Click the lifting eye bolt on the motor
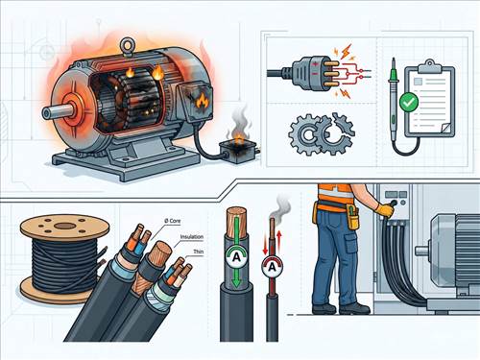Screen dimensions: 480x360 coord(127,45)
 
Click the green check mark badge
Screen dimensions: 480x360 coord(409,102)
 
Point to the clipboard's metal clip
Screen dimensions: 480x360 coord(429,66)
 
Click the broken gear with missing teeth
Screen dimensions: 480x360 coord(339,132)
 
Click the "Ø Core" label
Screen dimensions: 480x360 coord(173,221)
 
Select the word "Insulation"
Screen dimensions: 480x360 coord(192,237)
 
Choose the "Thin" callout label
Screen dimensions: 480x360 coord(199,252)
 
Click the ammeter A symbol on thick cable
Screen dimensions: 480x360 coord(236,257)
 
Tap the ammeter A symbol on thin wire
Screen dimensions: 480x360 coord(272,267)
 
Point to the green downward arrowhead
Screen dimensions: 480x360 coord(236,282)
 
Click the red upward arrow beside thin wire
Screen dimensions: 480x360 coord(279,242)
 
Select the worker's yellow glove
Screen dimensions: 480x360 coord(385,209)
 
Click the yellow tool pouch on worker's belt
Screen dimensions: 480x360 coord(353,218)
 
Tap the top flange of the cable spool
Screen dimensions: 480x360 coord(64,228)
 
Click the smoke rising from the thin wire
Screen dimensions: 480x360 coord(279,207)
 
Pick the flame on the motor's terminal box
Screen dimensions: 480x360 coord(203,101)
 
